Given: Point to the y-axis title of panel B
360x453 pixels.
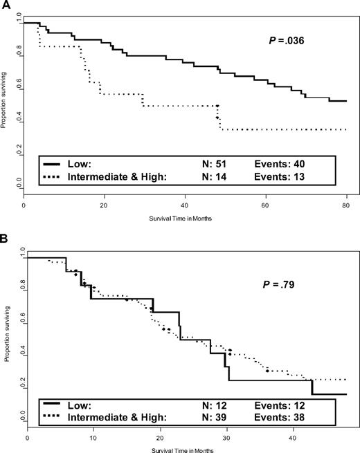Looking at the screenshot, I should point(7,336).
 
